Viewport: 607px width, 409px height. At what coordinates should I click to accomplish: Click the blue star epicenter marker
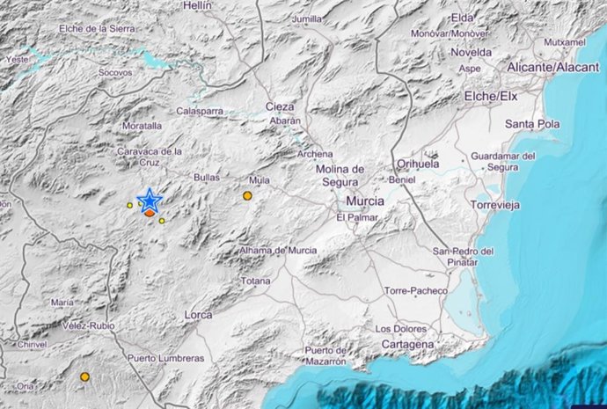click(x=150, y=201)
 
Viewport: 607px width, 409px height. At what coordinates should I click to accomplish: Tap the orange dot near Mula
click(x=248, y=195)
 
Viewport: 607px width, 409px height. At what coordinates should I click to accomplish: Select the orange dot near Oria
click(x=84, y=376)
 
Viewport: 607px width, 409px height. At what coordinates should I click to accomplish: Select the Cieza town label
click(x=280, y=106)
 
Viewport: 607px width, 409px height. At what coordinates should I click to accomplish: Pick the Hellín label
click(x=198, y=5)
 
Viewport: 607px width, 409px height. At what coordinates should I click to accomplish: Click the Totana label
click(x=255, y=281)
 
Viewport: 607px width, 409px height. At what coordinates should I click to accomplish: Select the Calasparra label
click(x=199, y=111)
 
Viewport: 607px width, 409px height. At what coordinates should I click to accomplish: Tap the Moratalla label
click(x=143, y=126)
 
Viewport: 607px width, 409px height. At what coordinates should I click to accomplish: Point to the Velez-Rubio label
click(x=85, y=325)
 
